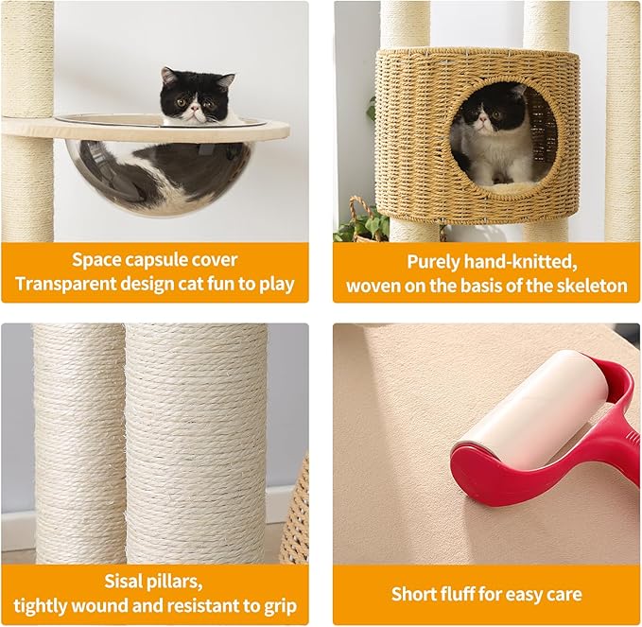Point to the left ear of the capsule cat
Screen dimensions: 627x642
point(168,76)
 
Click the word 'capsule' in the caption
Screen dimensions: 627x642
point(166,260)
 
